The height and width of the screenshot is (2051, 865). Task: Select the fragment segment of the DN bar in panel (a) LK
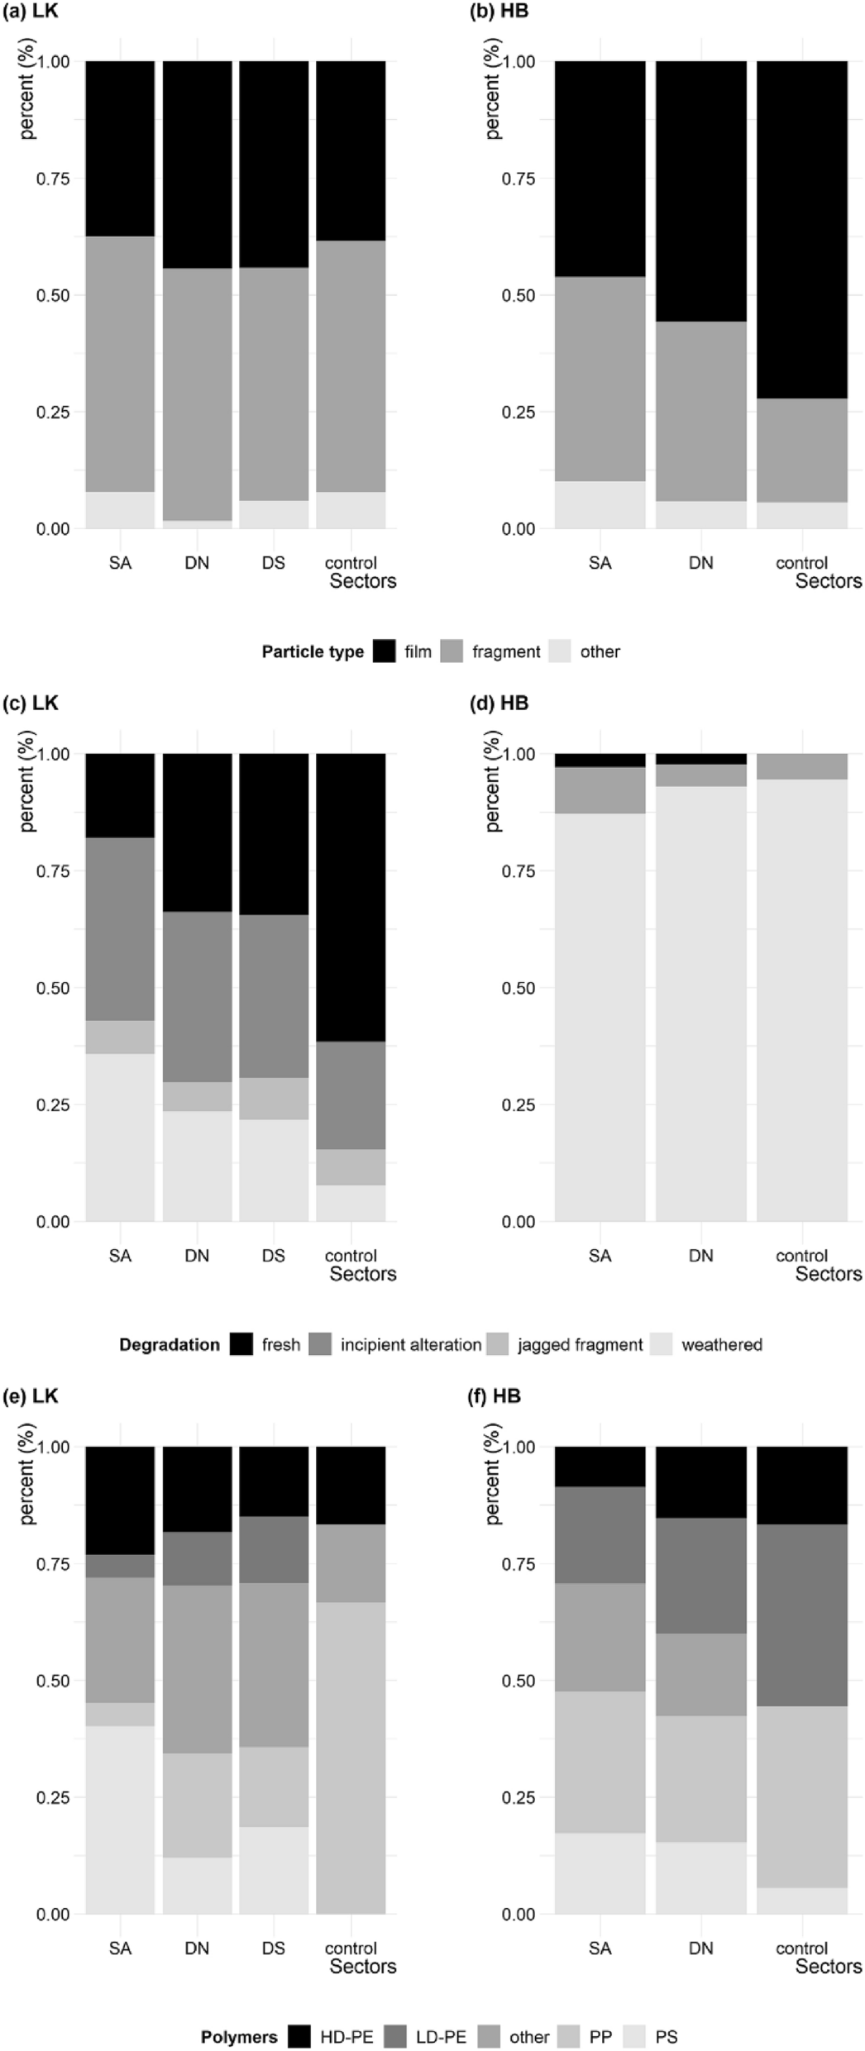pyautogui.click(x=197, y=394)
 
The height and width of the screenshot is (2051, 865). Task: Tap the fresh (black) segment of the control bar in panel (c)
pyautogui.click(x=351, y=897)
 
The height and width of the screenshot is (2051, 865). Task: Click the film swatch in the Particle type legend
pyautogui.click(x=384, y=651)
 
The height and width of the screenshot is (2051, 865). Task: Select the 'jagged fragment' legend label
pyautogui.click(x=580, y=1345)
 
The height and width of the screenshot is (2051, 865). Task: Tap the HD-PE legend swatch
pyautogui.click(x=299, y=2037)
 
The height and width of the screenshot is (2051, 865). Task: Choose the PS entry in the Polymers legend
pyautogui.click(x=666, y=2037)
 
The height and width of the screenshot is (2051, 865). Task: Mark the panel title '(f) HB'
pyautogui.click(x=495, y=1396)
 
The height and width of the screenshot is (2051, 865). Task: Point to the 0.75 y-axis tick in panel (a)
pyautogui.click(x=52, y=179)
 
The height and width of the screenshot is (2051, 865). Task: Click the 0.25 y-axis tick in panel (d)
pyautogui.click(x=518, y=1104)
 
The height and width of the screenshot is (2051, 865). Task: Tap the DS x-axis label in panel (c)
pyautogui.click(x=274, y=1256)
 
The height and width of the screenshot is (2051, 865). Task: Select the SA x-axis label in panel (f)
pyautogui.click(x=600, y=1948)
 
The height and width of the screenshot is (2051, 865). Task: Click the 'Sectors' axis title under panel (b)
pyautogui.click(x=828, y=581)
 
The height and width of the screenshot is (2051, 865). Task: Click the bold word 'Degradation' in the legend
pyautogui.click(x=169, y=1345)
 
